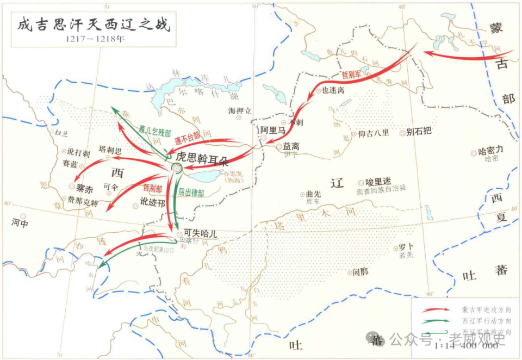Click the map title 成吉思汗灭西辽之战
point(92,24)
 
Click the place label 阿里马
point(274,131)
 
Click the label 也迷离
point(333,90)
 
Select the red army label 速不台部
point(188,138)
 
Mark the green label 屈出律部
point(191,193)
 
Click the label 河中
point(19,222)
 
